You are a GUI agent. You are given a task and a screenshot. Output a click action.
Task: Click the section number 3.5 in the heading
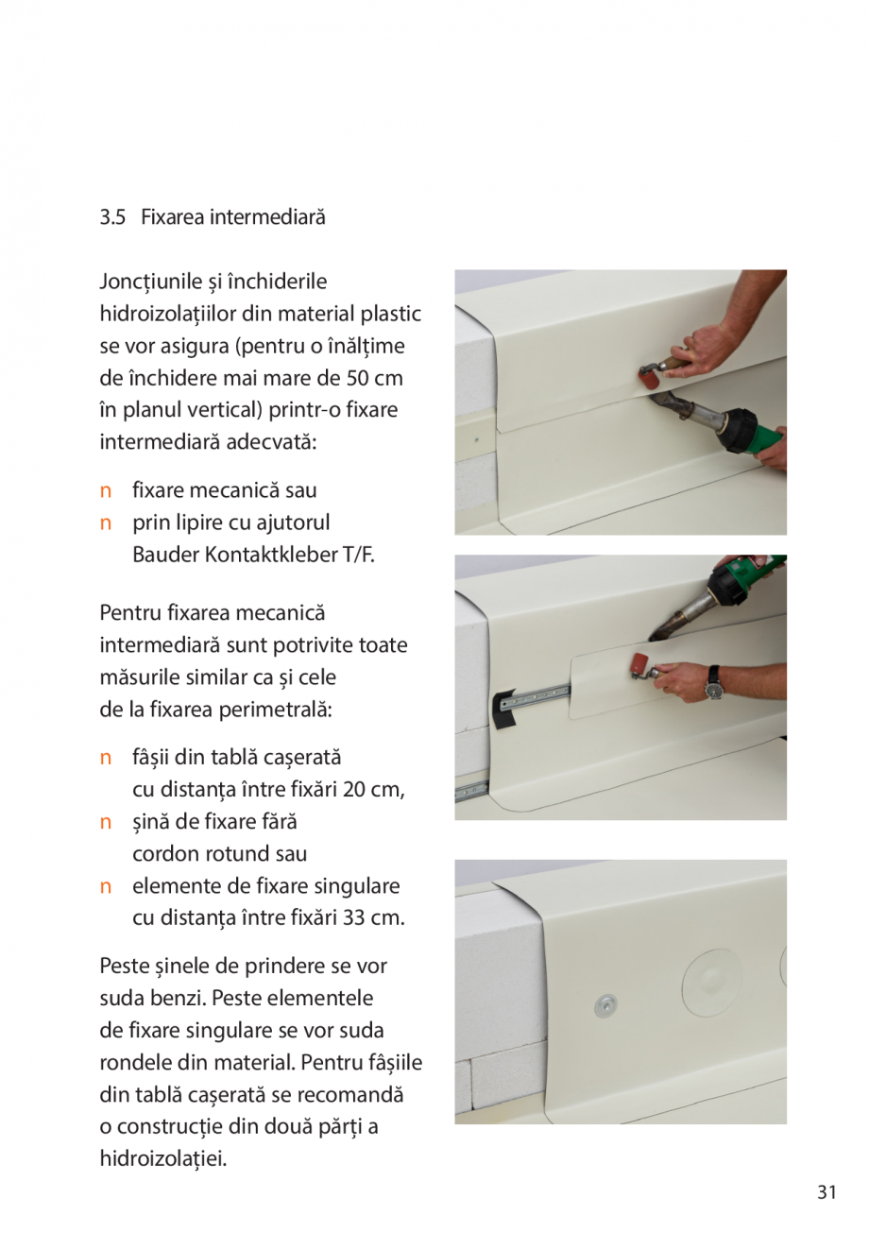[x=112, y=217]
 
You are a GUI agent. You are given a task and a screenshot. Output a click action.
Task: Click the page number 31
[x=826, y=1192]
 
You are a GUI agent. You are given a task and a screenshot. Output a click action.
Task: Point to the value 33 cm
[x=374, y=917]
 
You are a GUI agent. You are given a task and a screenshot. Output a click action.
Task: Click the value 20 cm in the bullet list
[x=374, y=789]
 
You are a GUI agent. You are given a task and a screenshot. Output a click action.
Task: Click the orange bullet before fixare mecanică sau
[x=106, y=490]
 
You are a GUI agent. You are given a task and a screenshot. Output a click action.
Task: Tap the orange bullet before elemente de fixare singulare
[x=106, y=886]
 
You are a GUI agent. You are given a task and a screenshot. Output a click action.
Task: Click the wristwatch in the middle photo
[x=714, y=682]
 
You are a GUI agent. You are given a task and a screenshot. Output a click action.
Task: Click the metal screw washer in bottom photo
[x=605, y=1005]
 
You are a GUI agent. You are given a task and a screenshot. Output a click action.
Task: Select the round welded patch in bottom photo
[x=714, y=984]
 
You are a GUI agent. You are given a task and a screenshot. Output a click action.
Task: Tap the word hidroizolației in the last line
[x=162, y=1158]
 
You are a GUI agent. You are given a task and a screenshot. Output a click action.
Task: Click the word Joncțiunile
[x=152, y=282]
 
